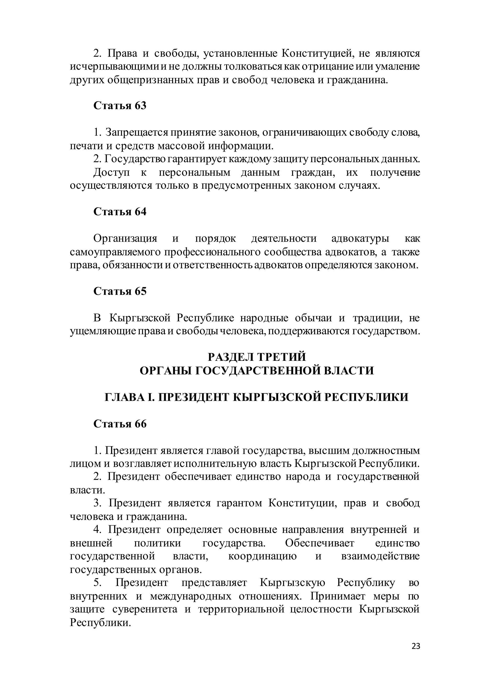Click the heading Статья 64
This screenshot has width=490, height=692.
click(120, 211)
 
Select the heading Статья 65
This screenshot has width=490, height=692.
click(120, 291)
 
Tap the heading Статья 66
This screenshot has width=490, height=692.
click(120, 424)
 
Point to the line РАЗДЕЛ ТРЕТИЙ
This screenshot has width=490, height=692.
click(257, 357)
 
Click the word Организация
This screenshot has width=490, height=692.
click(125, 238)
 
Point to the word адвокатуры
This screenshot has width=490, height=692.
click(360, 238)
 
